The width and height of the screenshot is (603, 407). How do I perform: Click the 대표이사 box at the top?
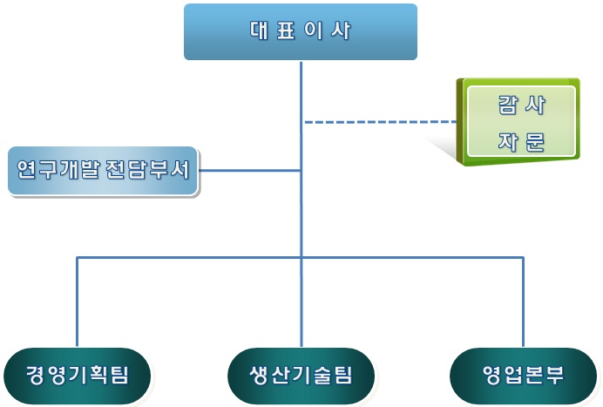pyautogui.click(x=301, y=32)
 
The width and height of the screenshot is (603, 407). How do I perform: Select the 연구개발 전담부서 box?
pyautogui.click(x=103, y=171)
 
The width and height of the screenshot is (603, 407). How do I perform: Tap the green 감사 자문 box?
pyautogui.click(x=518, y=122)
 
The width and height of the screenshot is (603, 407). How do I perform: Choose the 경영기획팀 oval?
pyautogui.click(x=77, y=376)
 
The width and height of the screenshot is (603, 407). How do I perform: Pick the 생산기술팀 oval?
pyautogui.click(x=301, y=376)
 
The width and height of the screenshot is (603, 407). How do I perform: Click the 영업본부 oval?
pyautogui.click(x=523, y=376)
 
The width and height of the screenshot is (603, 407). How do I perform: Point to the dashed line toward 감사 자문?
pyautogui.click(x=381, y=122)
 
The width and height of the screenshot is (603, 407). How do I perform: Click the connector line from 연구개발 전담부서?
pyautogui.click(x=249, y=170)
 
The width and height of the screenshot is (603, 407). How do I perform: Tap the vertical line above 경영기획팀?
pyautogui.click(x=77, y=302)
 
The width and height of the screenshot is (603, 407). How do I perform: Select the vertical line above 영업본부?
pyautogui.click(x=523, y=302)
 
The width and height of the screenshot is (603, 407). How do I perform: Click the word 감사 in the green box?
pyautogui.click(x=521, y=105)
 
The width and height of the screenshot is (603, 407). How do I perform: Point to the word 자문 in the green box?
pyautogui.click(x=521, y=141)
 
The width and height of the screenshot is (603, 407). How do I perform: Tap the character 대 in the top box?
pyautogui.click(x=259, y=30)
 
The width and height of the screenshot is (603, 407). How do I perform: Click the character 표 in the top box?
pyautogui.click(x=286, y=30)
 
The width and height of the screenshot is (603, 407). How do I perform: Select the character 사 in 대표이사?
pyautogui.click(x=341, y=30)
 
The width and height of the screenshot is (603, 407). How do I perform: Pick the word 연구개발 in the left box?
pyautogui.click(x=58, y=169)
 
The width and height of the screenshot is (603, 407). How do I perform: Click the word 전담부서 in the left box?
pyautogui.click(x=147, y=169)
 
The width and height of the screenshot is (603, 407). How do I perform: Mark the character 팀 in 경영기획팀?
pyautogui.click(x=119, y=375)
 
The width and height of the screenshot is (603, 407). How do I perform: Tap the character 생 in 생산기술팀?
pyautogui.click(x=259, y=375)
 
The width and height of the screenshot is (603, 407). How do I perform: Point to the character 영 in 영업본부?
pyautogui.click(x=491, y=375)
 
